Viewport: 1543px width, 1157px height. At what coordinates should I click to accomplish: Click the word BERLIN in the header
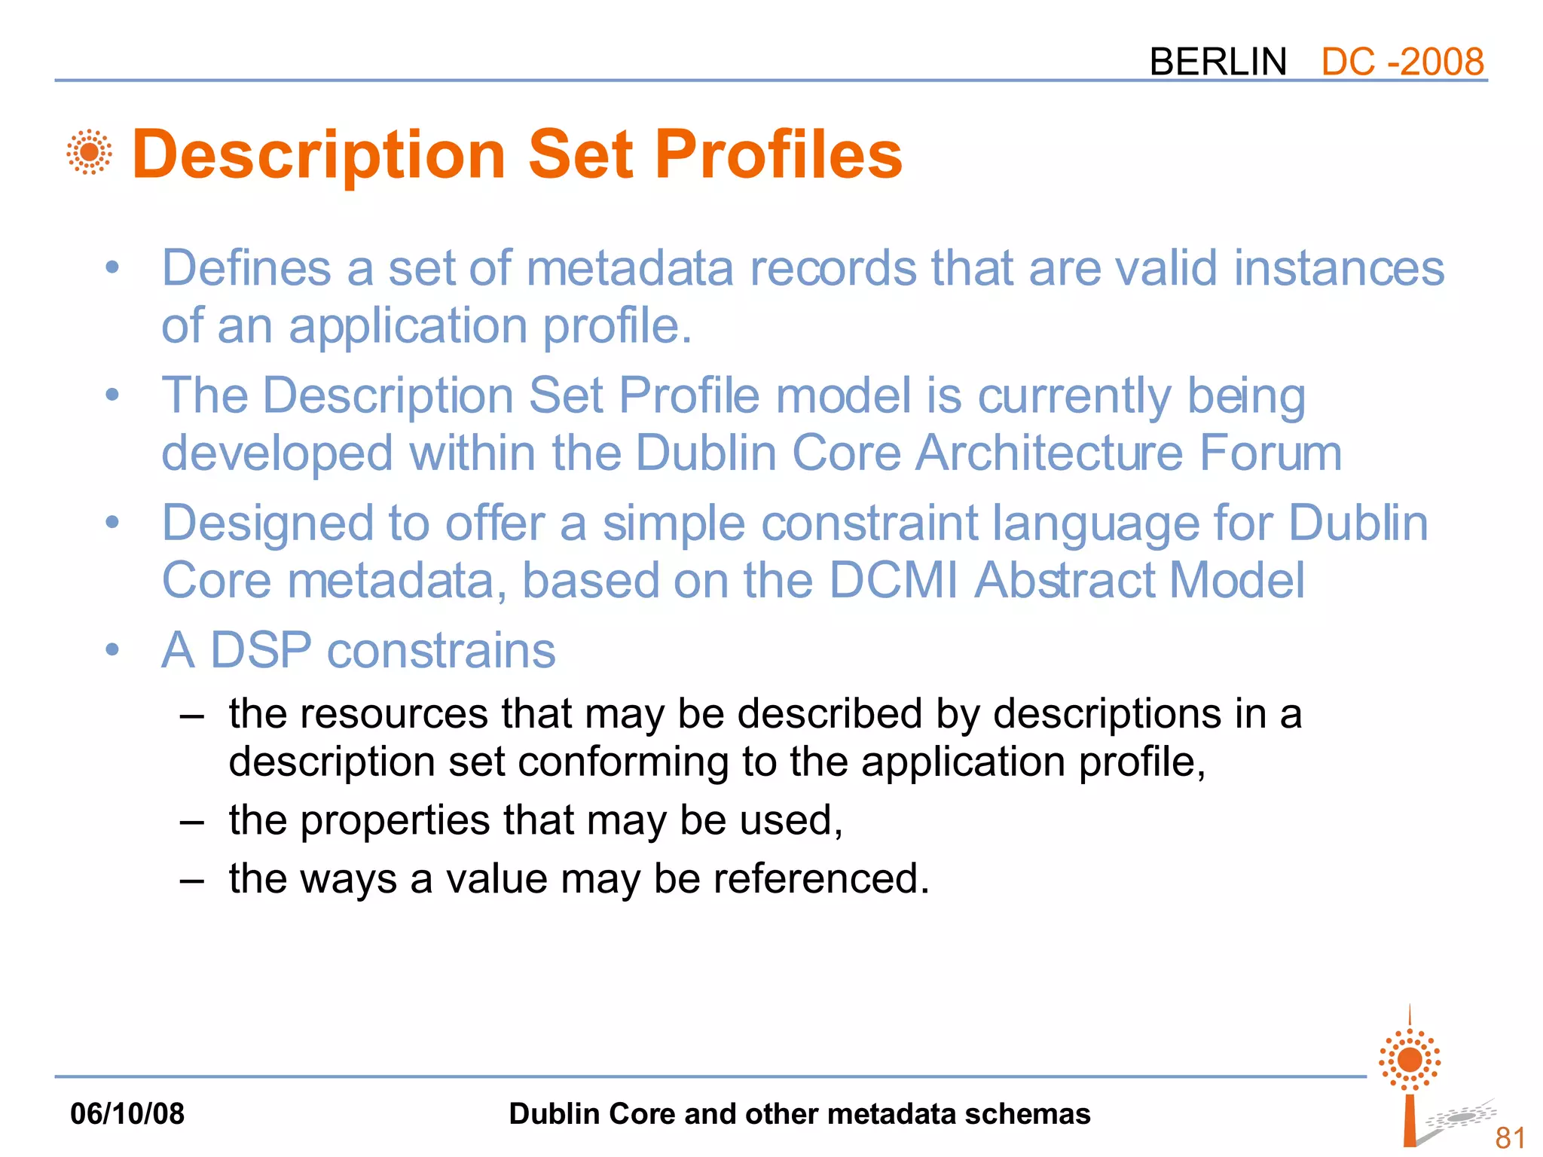click(x=1218, y=62)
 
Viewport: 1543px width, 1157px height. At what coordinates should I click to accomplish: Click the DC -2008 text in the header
click(x=1402, y=62)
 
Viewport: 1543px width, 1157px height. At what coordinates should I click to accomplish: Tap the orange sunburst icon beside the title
click(x=90, y=152)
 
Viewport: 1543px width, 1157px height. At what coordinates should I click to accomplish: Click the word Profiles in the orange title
click(x=778, y=154)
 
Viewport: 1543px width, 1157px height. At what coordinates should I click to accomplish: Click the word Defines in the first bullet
click(x=246, y=268)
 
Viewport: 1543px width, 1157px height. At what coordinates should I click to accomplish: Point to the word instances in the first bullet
click(x=1339, y=268)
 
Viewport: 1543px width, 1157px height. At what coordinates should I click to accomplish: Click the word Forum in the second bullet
click(x=1270, y=453)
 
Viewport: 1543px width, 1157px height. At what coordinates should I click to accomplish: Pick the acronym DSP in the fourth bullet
click(x=261, y=650)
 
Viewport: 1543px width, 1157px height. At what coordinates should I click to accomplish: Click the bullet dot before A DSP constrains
click(x=113, y=649)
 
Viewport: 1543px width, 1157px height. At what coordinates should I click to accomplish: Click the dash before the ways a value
click(x=192, y=880)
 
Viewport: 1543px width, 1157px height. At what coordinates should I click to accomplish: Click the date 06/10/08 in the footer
click(x=127, y=1113)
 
